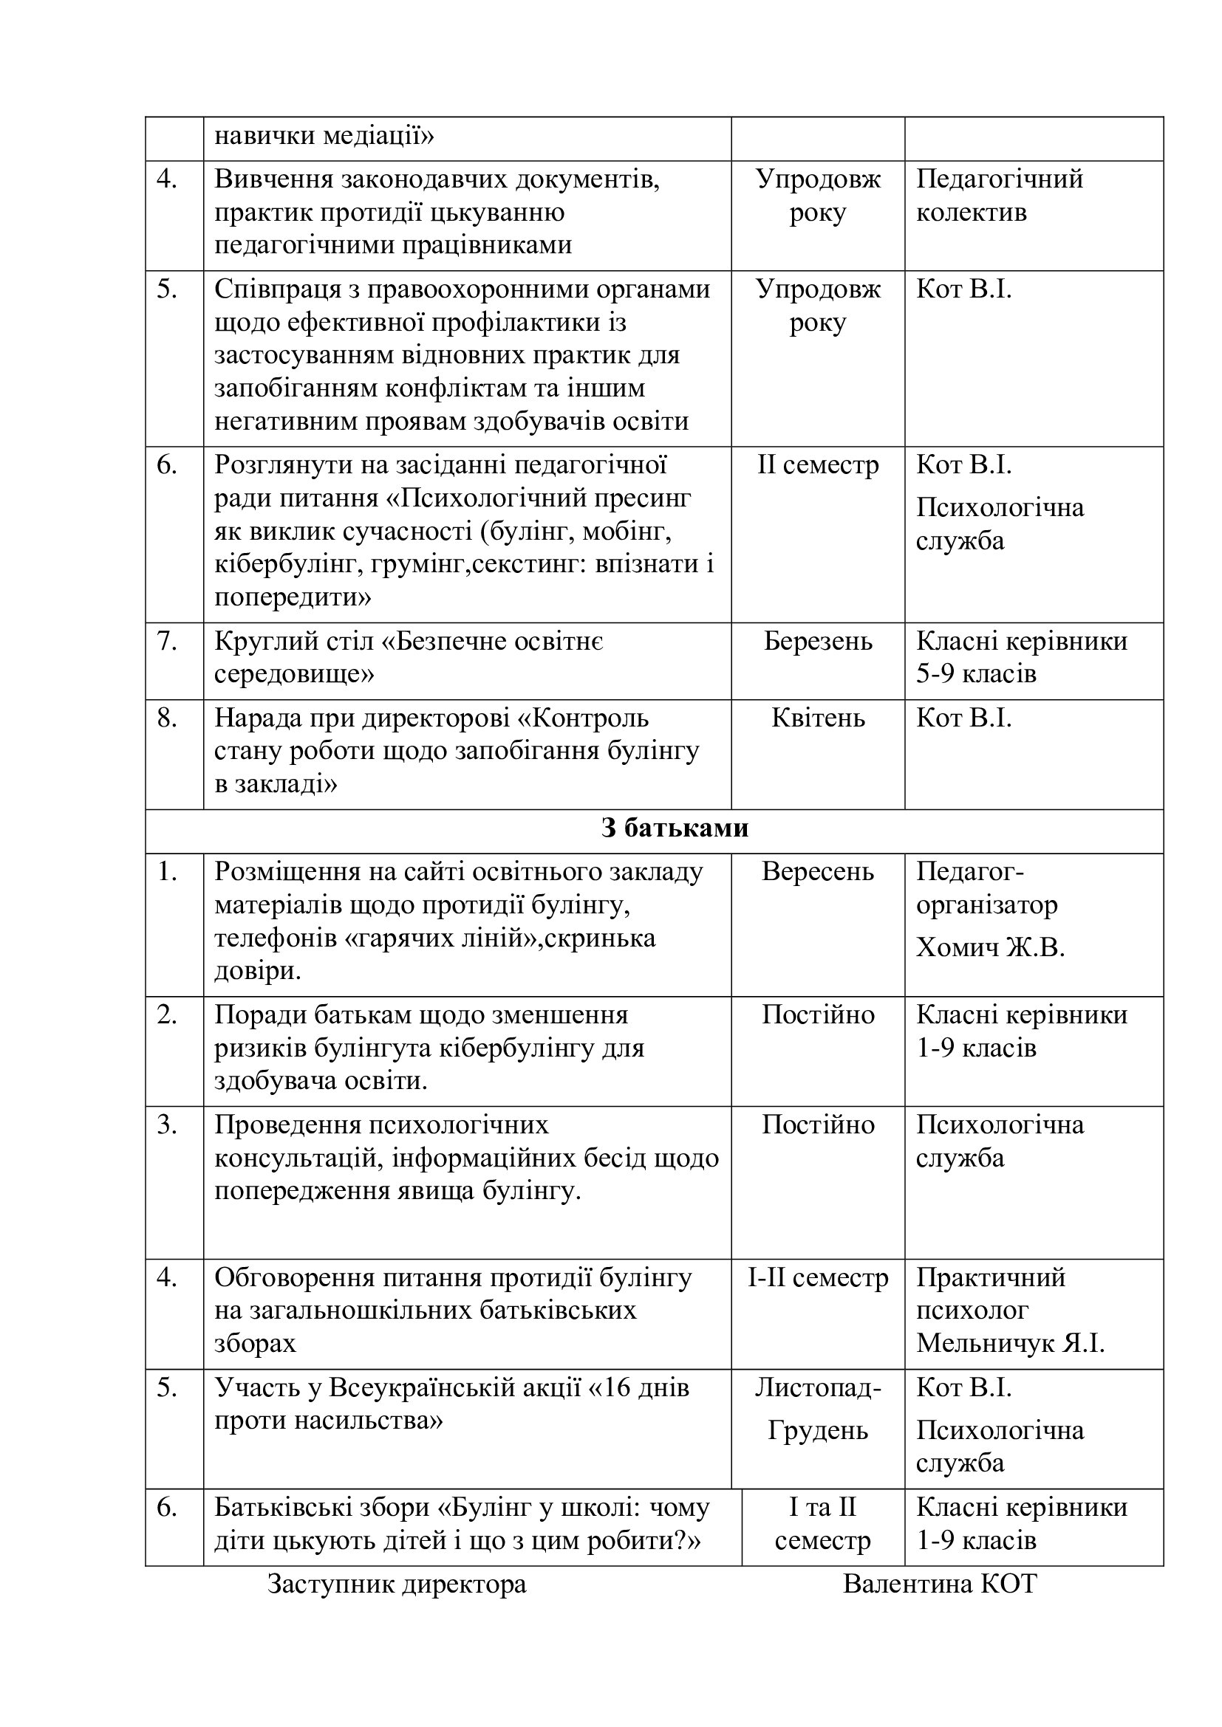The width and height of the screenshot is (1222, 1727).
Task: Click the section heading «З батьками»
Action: point(675,828)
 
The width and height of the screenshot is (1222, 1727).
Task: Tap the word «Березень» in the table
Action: point(818,641)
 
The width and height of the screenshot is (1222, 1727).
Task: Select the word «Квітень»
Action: point(818,718)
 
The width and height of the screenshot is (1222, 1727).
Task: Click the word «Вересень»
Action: point(818,871)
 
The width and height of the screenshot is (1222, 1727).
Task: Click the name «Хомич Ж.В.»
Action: point(990,947)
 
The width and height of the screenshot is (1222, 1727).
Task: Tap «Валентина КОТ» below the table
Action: point(940,1583)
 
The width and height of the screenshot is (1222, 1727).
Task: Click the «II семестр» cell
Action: point(818,465)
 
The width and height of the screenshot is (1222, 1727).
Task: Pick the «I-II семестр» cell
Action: point(818,1277)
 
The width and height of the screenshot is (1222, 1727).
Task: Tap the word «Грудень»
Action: point(818,1430)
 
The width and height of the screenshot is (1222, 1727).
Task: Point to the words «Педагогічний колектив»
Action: point(1000,196)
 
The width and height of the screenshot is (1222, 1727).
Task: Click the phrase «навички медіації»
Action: point(324,137)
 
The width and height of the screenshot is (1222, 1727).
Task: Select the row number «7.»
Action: point(167,641)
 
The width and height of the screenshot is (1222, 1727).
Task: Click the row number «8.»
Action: point(167,718)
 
